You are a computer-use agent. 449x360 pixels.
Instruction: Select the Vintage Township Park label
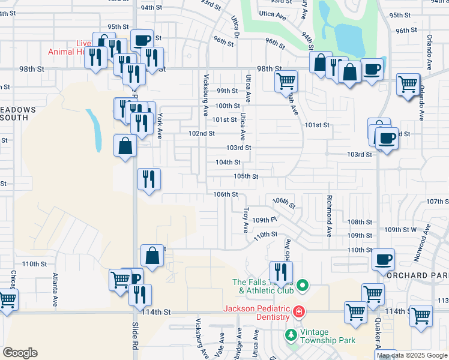(328, 335)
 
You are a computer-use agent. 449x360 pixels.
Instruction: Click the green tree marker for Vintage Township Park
(291, 334)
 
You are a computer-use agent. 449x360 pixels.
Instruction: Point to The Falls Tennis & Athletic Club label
(262, 286)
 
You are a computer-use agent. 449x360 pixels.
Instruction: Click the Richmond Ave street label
(329, 215)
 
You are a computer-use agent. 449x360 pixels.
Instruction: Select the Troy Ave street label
(246, 220)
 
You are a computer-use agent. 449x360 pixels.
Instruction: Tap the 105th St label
(246, 176)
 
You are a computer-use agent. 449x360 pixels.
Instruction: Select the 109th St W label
(400, 230)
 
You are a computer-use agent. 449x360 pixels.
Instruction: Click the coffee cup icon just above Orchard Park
(383, 260)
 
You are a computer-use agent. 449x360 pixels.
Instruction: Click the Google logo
(20, 353)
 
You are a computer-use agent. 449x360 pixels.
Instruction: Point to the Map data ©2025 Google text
(412, 355)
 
